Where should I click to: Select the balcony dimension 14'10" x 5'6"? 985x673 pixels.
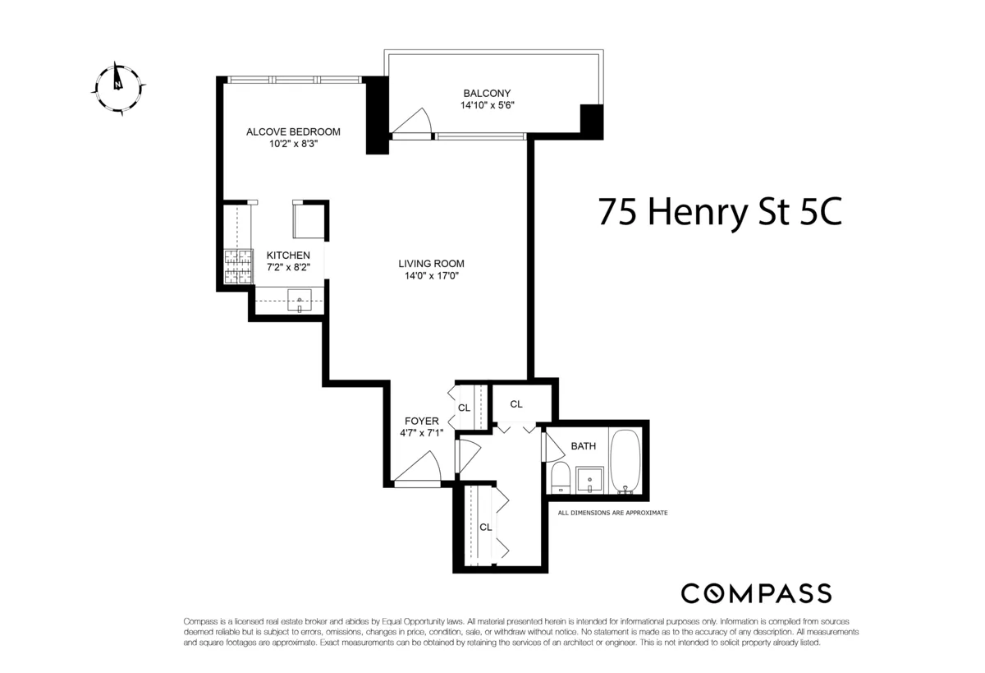[487, 105]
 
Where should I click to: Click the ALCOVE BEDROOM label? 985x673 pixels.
[294, 131]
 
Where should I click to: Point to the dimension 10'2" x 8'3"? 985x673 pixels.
[294, 143]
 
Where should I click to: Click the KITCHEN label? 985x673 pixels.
[288, 256]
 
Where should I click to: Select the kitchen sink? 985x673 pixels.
[300, 302]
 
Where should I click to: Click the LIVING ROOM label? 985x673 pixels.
[432, 264]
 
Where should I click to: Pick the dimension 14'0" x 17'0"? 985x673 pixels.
[432, 276]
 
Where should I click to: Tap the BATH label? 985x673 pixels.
[584, 446]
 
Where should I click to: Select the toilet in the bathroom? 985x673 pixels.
[561, 477]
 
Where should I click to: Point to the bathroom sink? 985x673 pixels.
[590, 478]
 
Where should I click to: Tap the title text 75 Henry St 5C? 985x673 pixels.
[719, 212]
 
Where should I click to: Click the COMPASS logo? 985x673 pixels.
[756, 593]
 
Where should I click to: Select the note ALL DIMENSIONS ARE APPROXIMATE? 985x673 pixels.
[612, 513]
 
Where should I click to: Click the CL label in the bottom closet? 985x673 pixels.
[485, 528]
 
